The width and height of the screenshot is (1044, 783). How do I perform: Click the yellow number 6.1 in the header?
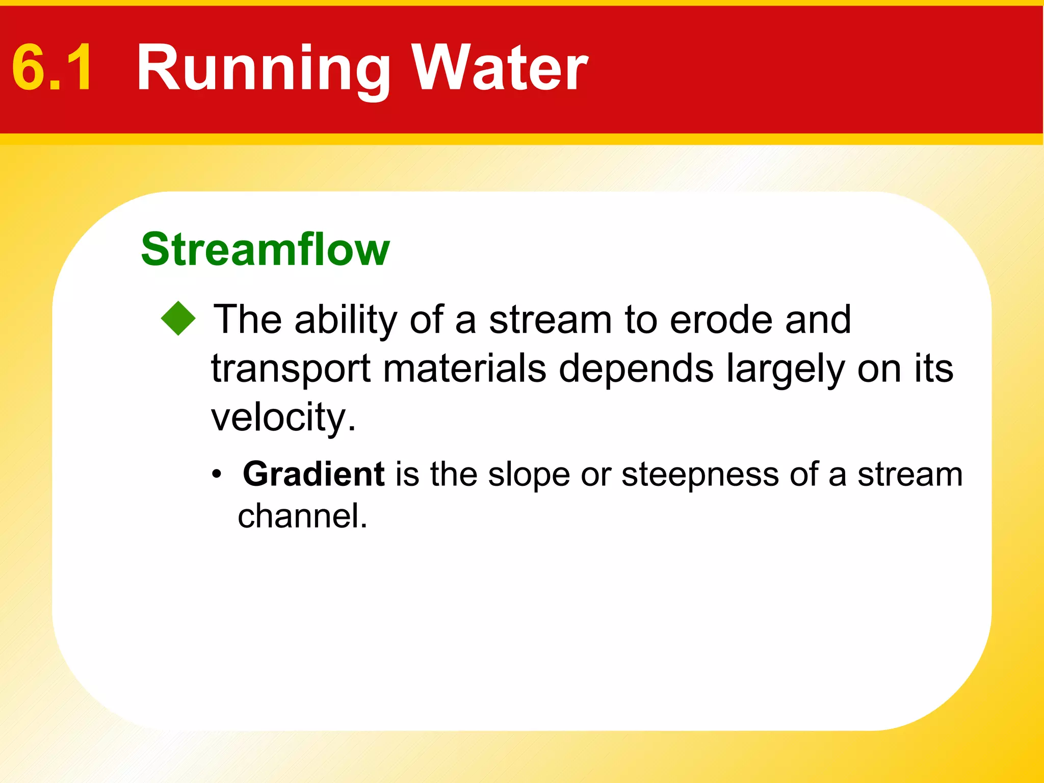click(53, 68)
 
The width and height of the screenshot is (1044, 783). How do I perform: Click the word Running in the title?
click(263, 69)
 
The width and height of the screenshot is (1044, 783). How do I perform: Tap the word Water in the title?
click(500, 68)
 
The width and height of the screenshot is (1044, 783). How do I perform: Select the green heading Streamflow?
click(265, 249)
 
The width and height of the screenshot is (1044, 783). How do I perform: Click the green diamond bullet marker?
click(178, 319)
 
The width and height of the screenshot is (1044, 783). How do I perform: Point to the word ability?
click(346, 321)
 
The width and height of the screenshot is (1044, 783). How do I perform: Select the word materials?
click(464, 368)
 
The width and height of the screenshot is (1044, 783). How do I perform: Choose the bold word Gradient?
click(313, 475)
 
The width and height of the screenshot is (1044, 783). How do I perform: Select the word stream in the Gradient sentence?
click(910, 475)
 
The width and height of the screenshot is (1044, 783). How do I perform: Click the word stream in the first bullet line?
click(550, 320)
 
